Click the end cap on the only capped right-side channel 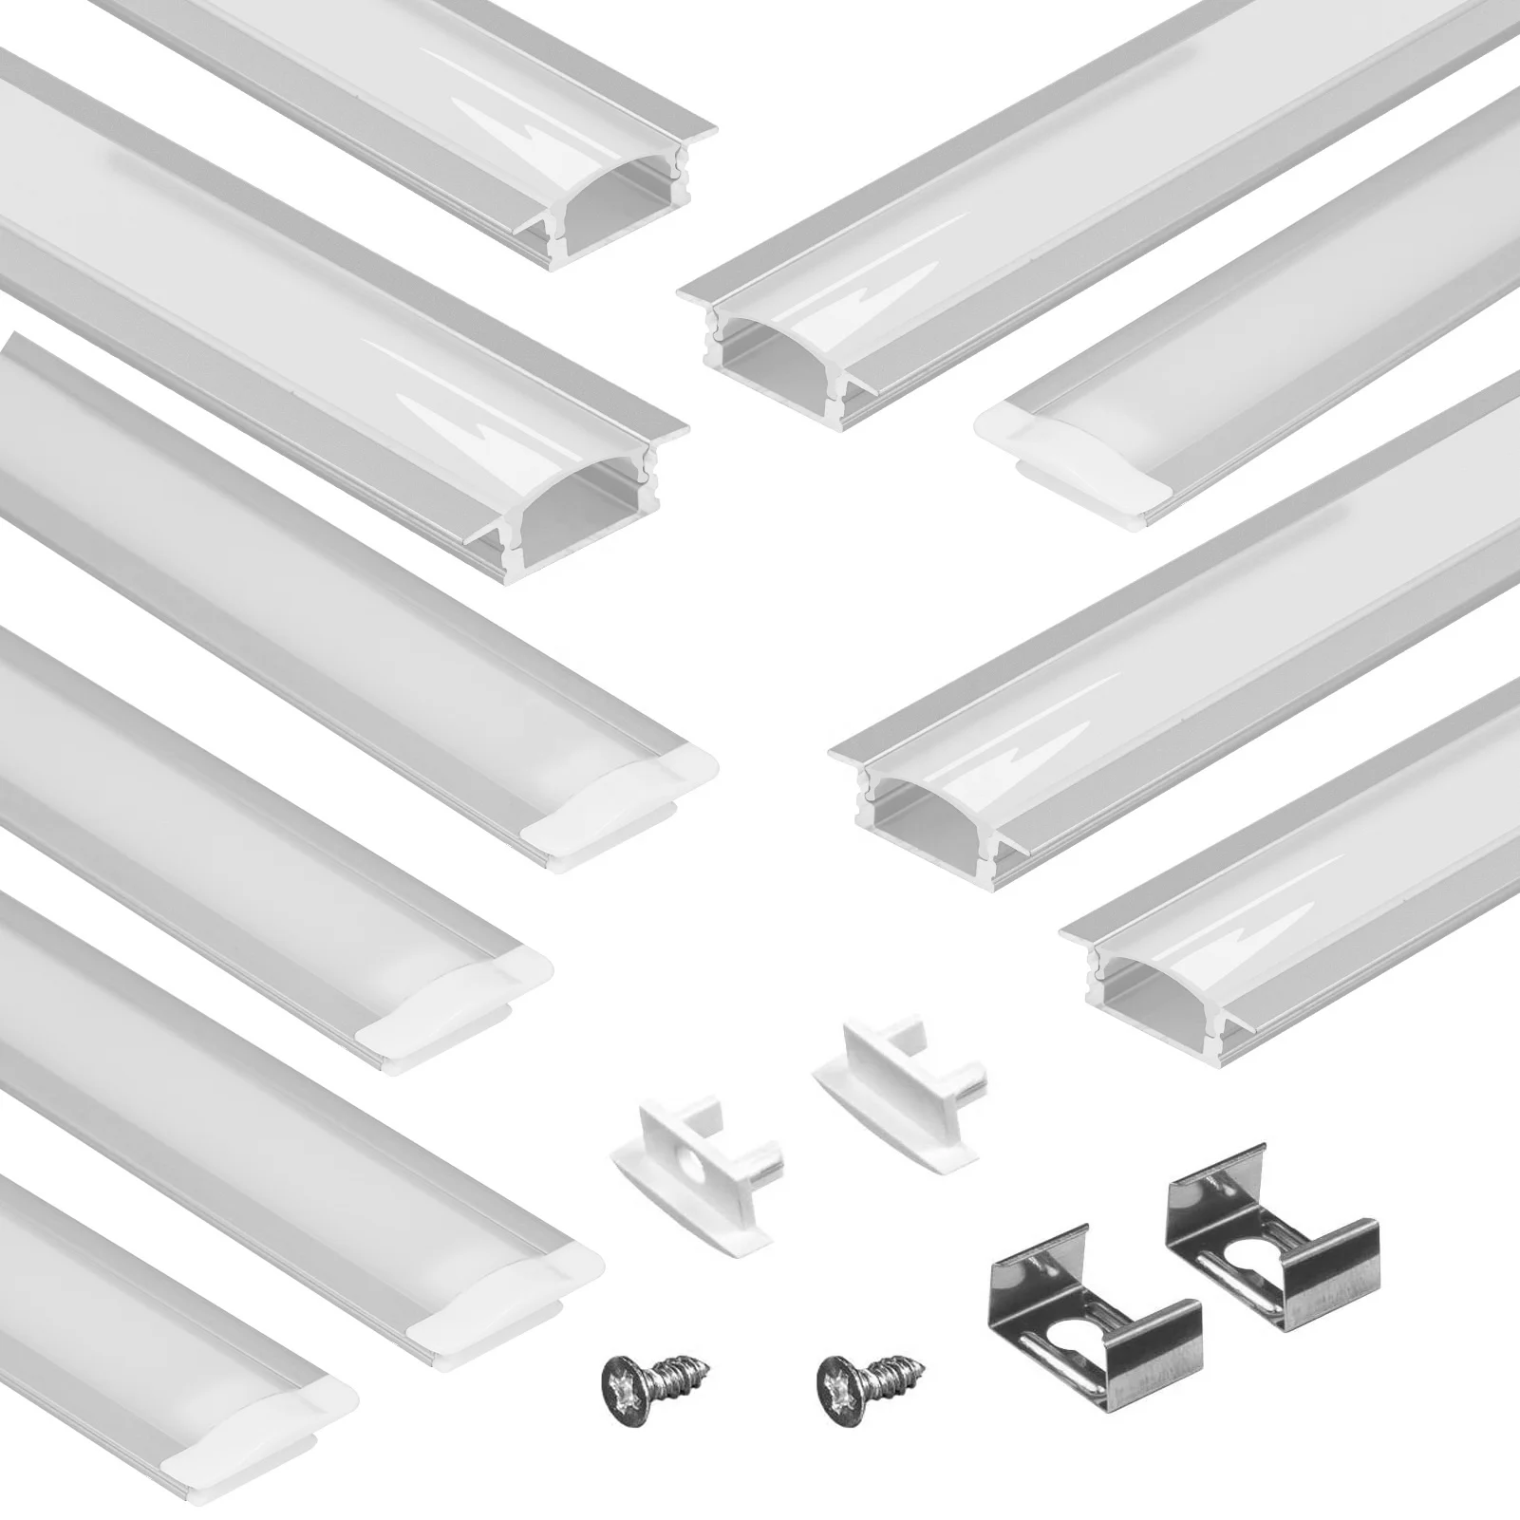tap(1073, 451)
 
